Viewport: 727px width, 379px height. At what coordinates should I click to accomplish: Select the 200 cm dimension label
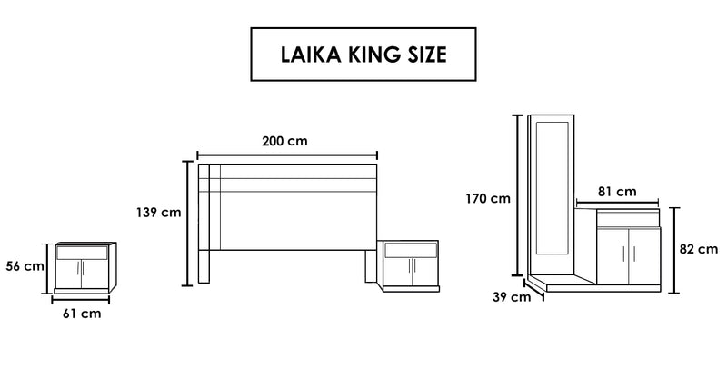[284, 141]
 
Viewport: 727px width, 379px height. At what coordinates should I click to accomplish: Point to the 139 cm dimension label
[158, 213]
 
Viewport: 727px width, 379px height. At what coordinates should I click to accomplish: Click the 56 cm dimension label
[25, 266]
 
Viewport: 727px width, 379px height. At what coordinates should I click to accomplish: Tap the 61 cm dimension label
[82, 314]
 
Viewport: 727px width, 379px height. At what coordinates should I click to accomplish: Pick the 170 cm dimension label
[488, 198]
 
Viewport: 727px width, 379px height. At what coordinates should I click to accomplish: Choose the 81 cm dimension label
[617, 191]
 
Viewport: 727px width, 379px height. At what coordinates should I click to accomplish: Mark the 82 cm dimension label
[699, 249]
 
